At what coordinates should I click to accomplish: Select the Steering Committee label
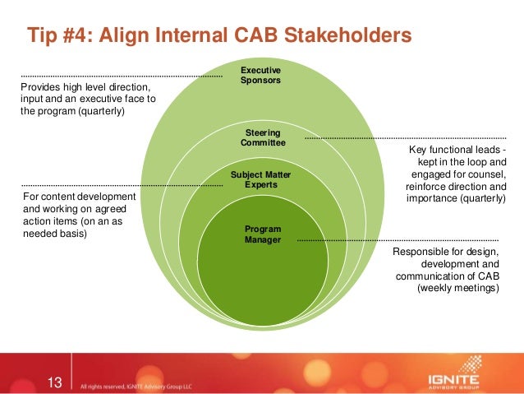(262, 137)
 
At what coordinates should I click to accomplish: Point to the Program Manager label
(262, 234)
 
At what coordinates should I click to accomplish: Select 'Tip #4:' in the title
(57, 35)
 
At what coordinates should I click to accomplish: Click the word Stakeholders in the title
(341, 35)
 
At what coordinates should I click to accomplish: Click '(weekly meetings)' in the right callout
(457, 289)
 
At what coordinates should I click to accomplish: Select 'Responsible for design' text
(448, 252)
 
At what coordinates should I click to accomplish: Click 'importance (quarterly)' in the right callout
(457, 198)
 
